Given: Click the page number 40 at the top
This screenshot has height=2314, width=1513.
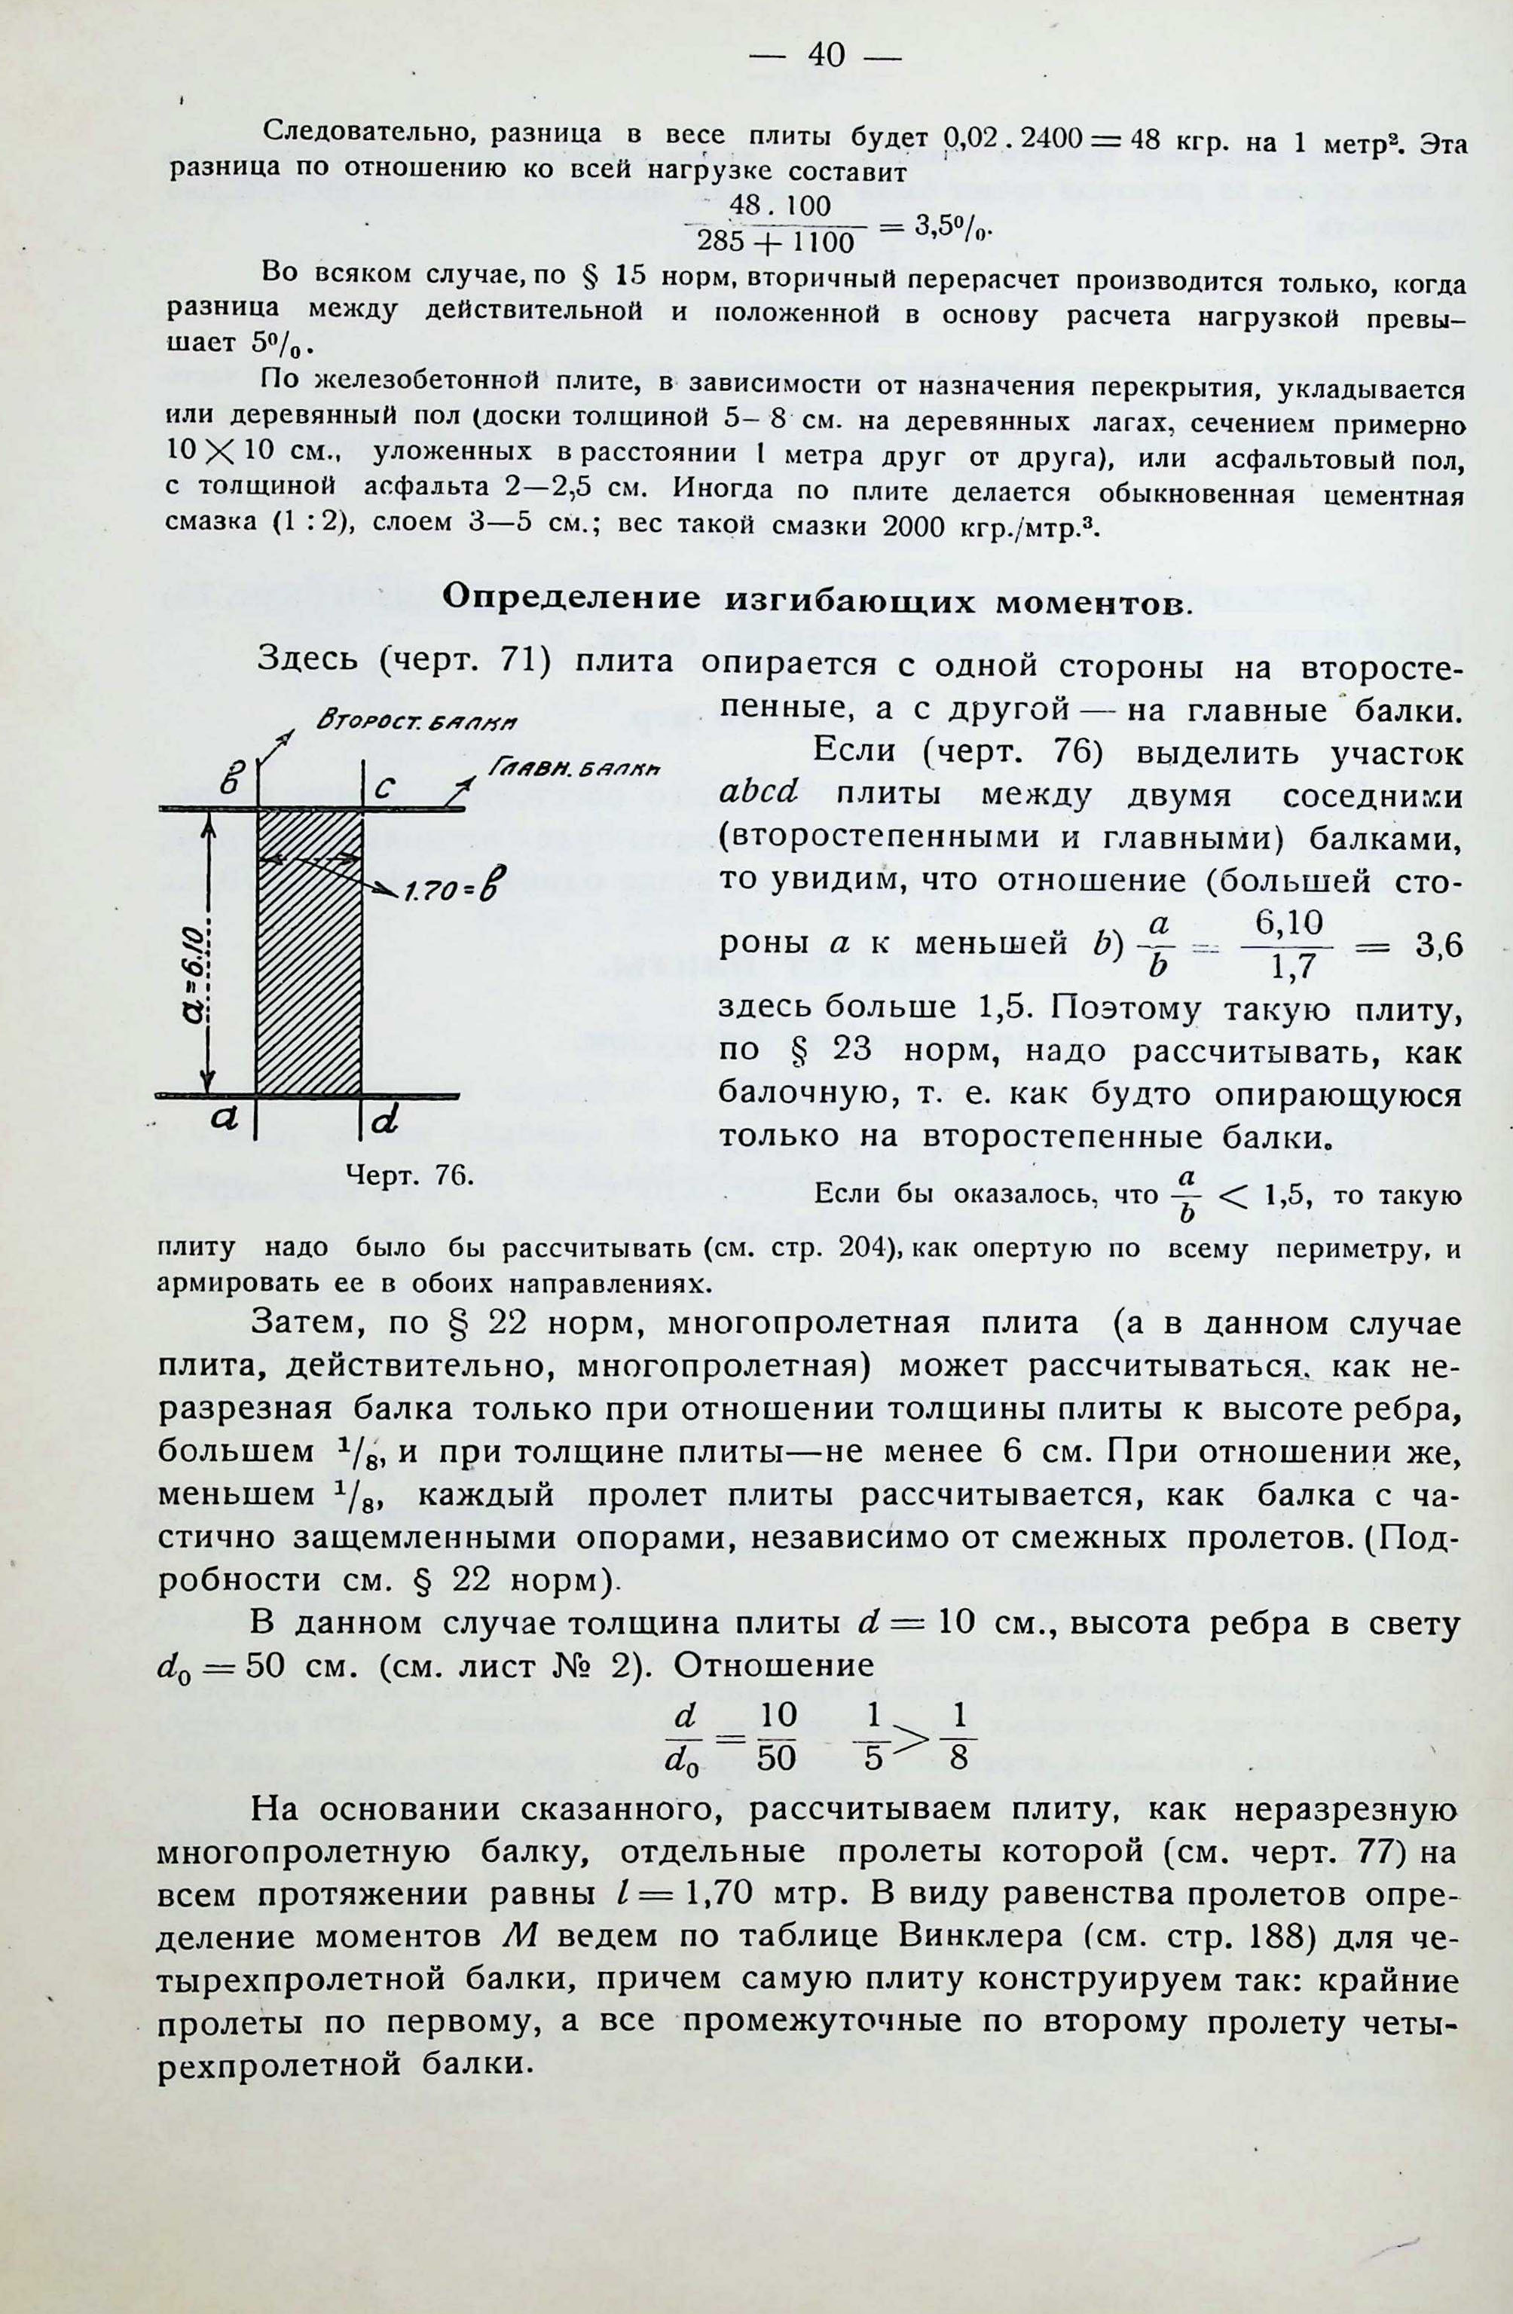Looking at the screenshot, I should [827, 57].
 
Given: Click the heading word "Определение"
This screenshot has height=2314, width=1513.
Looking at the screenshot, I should [571, 597].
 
